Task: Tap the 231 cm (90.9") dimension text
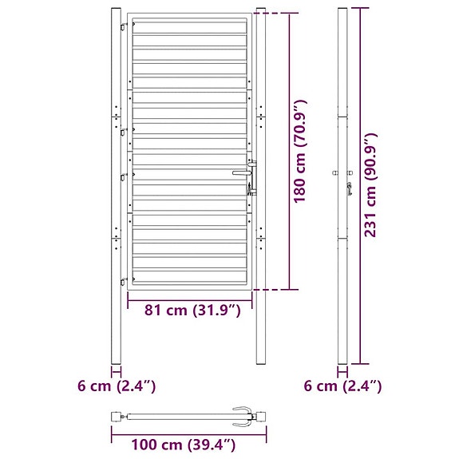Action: click(x=370, y=185)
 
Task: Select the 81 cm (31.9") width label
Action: click(x=191, y=310)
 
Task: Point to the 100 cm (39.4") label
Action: click(x=173, y=444)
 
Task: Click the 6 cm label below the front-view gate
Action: click(x=117, y=386)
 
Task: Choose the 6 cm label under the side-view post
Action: click(x=343, y=386)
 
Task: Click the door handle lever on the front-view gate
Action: click(x=241, y=172)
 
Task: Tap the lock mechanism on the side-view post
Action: click(x=349, y=188)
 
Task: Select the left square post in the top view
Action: click(x=117, y=416)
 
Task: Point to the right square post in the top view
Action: click(x=260, y=416)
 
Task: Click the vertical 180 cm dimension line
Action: click(x=288, y=151)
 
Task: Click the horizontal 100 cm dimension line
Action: click(x=188, y=429)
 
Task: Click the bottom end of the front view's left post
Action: click(x=117, y=361)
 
